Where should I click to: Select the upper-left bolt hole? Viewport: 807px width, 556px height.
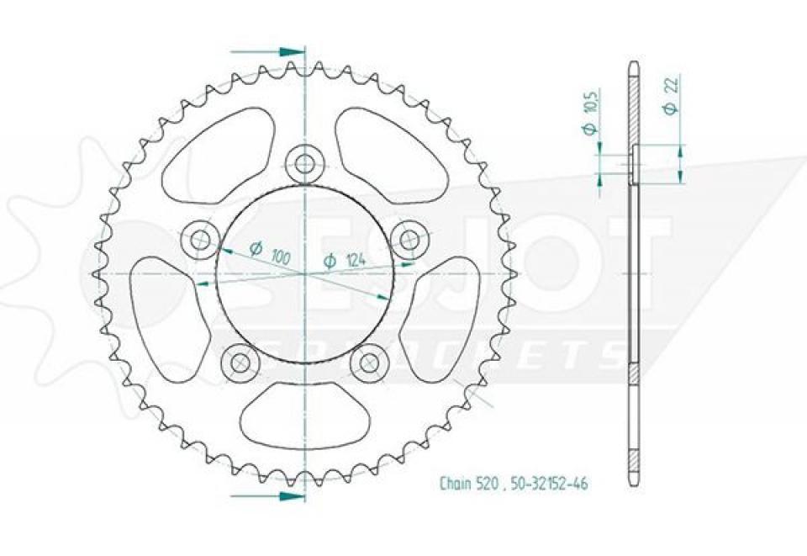pyautogui.click(x=200, y=241)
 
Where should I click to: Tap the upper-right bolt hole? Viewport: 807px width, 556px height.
pyautogui.click(x=410, y=237)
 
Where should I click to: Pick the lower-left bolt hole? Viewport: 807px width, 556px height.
pyautogui.click(x=240, y=363)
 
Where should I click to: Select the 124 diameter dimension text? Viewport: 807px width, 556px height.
pyautogui.click(x=345, y=262)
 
